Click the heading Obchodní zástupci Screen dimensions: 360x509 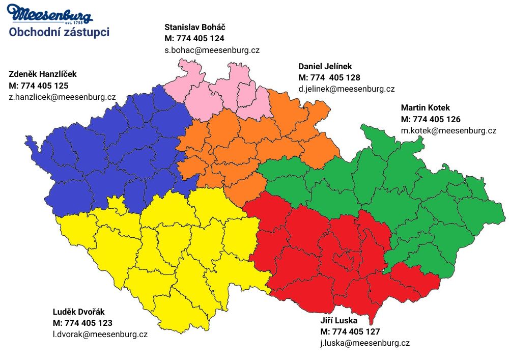click(x=59, y=33)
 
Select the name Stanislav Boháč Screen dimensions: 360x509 click(x=195, y=26)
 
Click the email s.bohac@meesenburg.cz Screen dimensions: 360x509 click(x=212, y=50)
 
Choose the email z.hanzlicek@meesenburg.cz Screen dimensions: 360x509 click(x=62, y=97)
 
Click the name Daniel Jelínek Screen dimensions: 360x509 click(x=325, y=66)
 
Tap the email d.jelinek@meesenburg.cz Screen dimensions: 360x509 click(x=346, y=89)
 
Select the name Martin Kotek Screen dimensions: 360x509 click(x=425, y=107)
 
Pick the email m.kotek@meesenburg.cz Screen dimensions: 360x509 click(x=448, y=131)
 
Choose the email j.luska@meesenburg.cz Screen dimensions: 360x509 click(x=365, y=343)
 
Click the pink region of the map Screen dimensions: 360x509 click(x=224, y=94)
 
